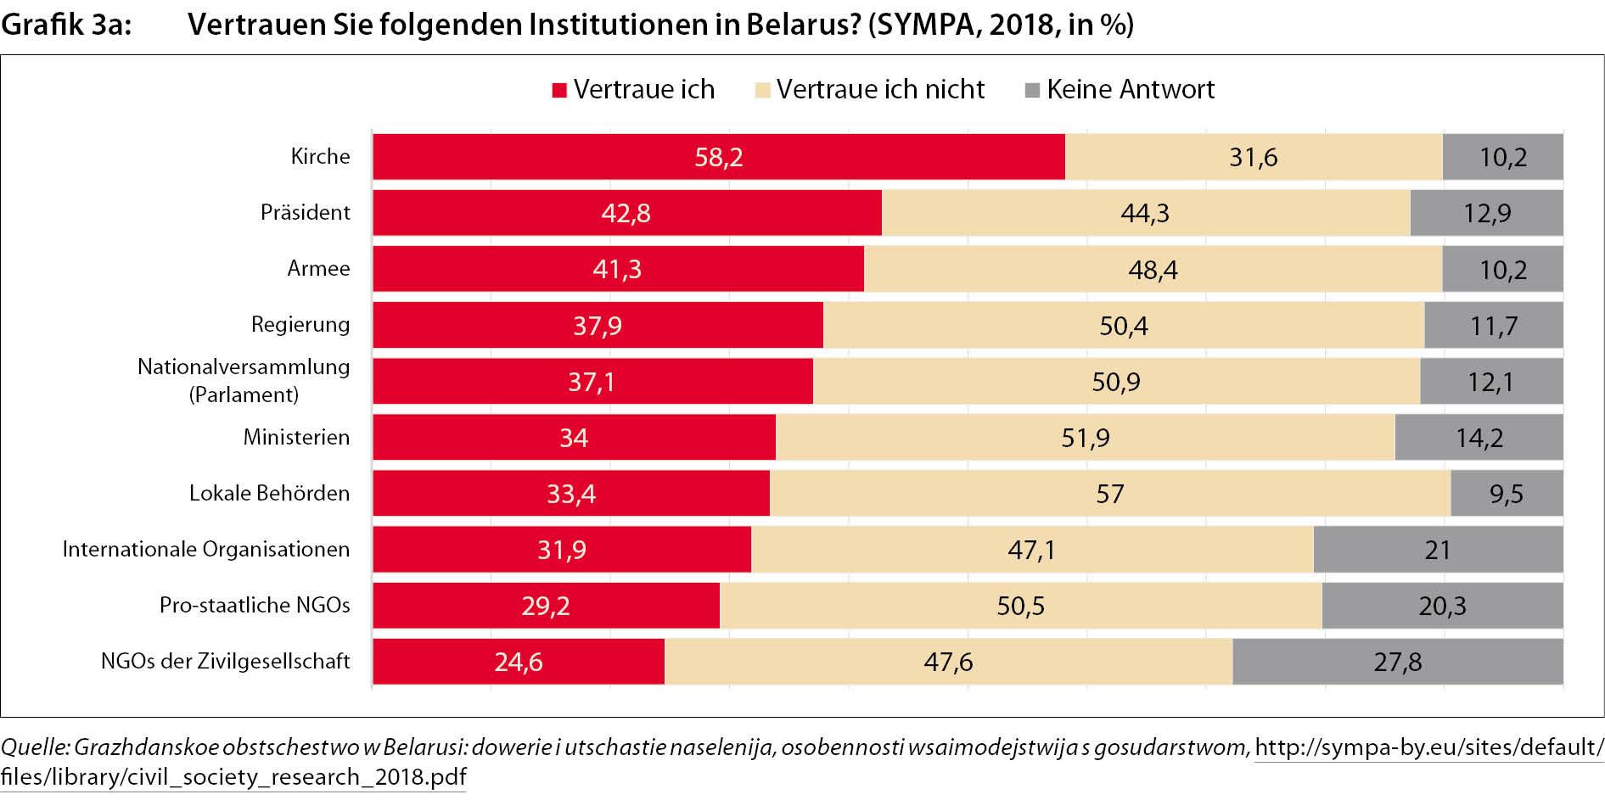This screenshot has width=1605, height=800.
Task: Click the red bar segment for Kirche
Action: click(x=718, y=157)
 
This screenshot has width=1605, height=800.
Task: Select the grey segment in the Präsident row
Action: click(x=1486, y=213)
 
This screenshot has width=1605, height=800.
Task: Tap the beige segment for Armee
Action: click(x=1153, y=270)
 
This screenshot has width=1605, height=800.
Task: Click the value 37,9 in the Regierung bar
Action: click(x=598, y=326)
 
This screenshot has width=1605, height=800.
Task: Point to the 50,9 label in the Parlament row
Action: click(x=1115, y=382)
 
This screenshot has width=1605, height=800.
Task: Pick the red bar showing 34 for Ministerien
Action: click(x=574, y=438)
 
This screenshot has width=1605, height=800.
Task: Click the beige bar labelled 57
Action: click(x=1109, y=494)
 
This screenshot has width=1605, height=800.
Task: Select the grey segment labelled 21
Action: click(x=1437, y=550)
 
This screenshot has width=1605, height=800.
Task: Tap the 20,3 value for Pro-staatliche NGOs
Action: click(x=1442, y=606)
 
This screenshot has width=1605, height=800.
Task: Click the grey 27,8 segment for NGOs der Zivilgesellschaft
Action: click(x=1397, y=662)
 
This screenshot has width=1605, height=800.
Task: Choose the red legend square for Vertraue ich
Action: click(x=559, y=90)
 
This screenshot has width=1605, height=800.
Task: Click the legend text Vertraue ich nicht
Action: click(x=880, y=89)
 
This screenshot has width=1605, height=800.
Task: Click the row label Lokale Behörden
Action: click(x=269, y=493)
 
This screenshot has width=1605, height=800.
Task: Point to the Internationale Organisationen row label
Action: click(x=205, y=549)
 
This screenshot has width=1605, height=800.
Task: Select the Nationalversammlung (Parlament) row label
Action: click(x=244, y=380)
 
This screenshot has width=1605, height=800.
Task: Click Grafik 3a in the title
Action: click(x=66, y=25)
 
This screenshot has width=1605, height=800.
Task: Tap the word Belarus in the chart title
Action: click(x=804, y=25)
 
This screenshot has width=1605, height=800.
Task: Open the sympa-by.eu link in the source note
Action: click(x=1428, y=747)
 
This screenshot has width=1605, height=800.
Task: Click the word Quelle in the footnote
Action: click(x=34, y=747)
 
